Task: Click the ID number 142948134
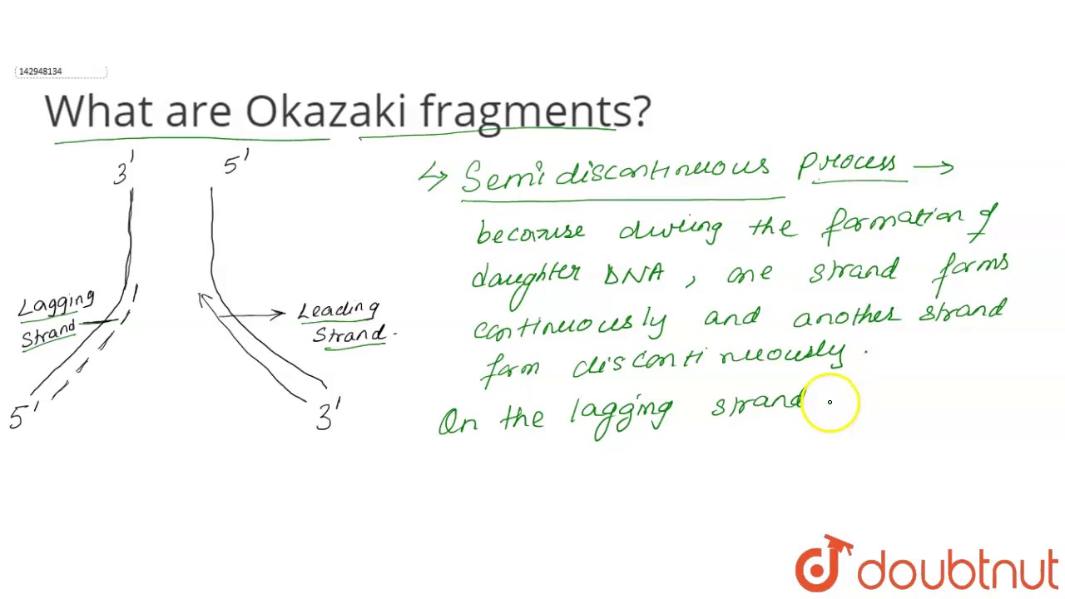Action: coord(40,72)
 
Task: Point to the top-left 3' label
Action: coord(123,171)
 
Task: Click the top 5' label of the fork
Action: coord(235,163)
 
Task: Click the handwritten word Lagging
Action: coord(57,304)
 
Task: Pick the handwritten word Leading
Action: coord(339,310)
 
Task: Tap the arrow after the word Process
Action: coord(934,167)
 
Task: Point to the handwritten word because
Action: coord(530,232)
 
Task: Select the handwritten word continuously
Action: coord(569,325)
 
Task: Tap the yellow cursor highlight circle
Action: coord(830,403)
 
